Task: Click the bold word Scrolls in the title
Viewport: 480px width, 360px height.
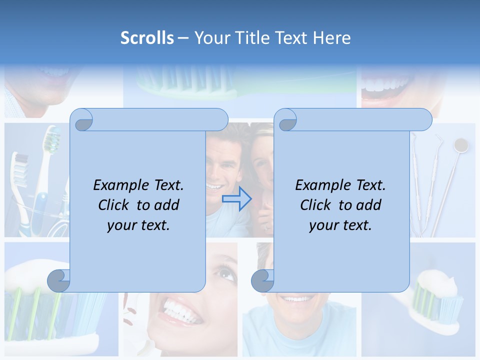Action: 147,38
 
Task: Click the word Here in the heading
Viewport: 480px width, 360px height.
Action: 331,38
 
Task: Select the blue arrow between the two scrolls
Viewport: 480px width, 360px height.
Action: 236,199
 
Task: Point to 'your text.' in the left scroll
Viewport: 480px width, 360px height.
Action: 138,225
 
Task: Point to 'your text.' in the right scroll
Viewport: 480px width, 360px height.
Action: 340,225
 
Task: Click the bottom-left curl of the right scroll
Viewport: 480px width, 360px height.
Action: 262,281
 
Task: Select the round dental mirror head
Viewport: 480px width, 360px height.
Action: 460,145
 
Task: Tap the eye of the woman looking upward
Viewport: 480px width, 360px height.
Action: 226,274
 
